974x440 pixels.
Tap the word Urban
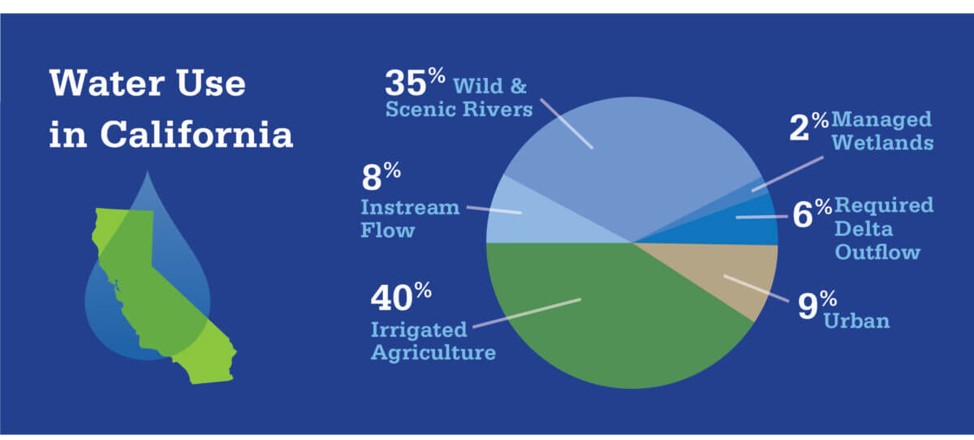[856, 321]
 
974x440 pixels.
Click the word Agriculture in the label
[433, 353]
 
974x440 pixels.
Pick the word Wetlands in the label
[883, 144]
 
